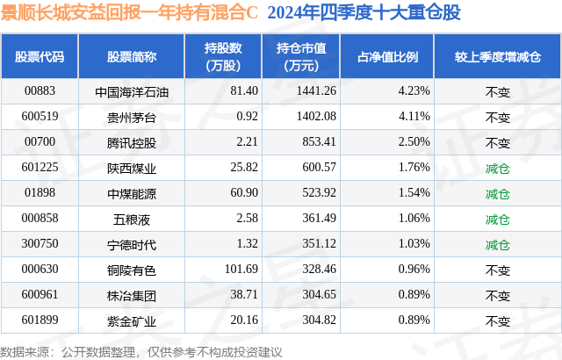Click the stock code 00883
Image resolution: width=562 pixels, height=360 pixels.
pos(39,90)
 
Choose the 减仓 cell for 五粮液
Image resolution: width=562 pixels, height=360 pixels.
pos(497,219)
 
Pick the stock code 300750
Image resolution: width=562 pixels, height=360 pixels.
pos(39,244)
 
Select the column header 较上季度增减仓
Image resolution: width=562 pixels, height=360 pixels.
pos(497,57)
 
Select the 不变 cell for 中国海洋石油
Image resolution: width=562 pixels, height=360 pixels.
pos(497,90)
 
